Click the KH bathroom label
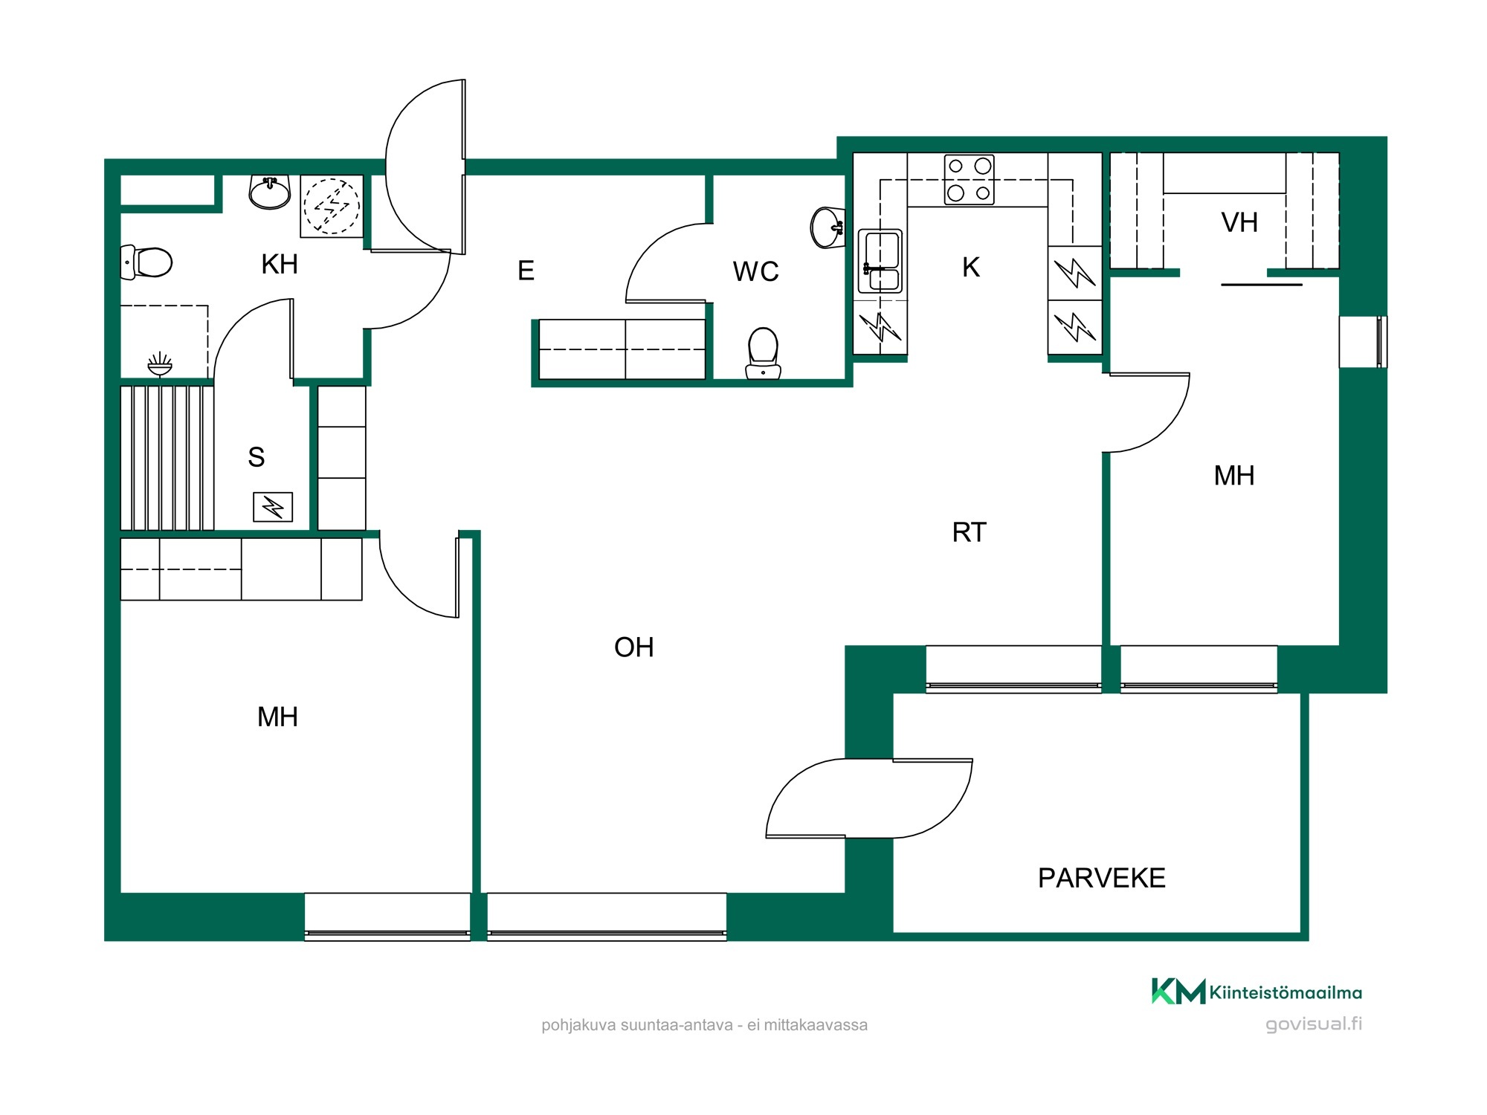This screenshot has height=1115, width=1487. [280, 265]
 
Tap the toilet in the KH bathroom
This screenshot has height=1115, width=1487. [146, 262]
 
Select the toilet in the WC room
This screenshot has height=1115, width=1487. [763, 354]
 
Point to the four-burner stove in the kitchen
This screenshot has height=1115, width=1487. [970, 179]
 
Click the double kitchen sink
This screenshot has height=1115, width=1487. [880, 262]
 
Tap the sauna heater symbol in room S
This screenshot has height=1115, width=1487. [273, 508]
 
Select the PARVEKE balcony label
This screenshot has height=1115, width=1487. [1101, 879]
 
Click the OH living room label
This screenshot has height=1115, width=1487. [633, 647]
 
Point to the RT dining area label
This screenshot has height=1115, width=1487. [969, 532]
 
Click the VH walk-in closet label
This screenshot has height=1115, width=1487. [1239, 222]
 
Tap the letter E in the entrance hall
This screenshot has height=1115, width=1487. [526, 271]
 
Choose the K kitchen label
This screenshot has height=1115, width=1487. [970, 268]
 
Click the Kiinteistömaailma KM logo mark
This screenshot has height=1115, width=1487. [1178, 992]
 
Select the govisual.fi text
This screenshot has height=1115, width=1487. [1314, 1024]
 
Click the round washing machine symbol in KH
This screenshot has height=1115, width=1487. [332, 206]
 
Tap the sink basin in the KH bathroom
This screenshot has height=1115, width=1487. [269, 193]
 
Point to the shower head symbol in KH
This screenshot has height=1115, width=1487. [160, 364]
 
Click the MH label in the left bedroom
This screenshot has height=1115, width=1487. [277, 717]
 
